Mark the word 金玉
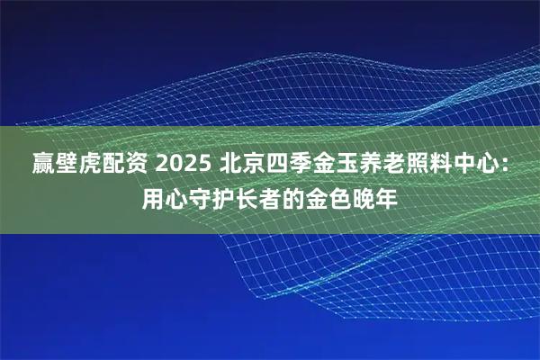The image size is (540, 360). tap(341, 166)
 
